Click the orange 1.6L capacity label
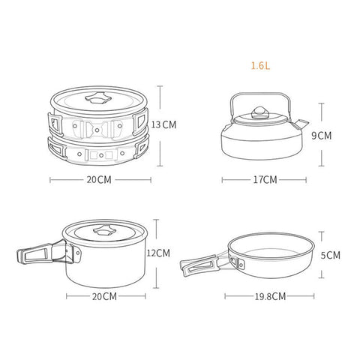(x=260, y=65)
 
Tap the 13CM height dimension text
(x=163, y=124)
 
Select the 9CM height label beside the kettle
(x=322, y=136)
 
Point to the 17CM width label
(x=265, y=180)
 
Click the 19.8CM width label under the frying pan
(x=270, y=296)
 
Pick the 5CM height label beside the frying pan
(x=331, y=255)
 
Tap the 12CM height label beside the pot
(x=158, y=253)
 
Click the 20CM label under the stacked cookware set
(x=99, y=180)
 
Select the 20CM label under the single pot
(x=104, y=296)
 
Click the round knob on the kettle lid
(x=259, y=112)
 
